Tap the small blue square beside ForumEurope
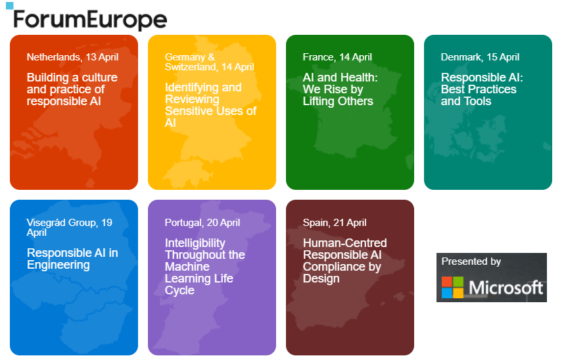click(9, 6)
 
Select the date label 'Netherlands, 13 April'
click(72, 57)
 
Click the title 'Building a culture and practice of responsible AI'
click(72, 89)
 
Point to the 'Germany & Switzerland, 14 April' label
click(209, 62)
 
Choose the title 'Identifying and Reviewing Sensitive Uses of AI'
click(210, 105)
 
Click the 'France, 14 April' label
click(337, 57)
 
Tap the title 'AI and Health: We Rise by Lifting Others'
click(341, 89)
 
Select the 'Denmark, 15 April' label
click(480, 57)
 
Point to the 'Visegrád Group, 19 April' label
click(69, 227)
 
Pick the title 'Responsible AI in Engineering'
click(72, 259)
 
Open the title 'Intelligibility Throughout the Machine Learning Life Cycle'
click(205, 267)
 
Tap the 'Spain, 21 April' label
click(335, 223)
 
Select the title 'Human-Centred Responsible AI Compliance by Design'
click(344, 261)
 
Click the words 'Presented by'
click(471, 261)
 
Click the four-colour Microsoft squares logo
click(452, 287)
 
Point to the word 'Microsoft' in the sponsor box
click(506, 288)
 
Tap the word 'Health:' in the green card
click(358, 78)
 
